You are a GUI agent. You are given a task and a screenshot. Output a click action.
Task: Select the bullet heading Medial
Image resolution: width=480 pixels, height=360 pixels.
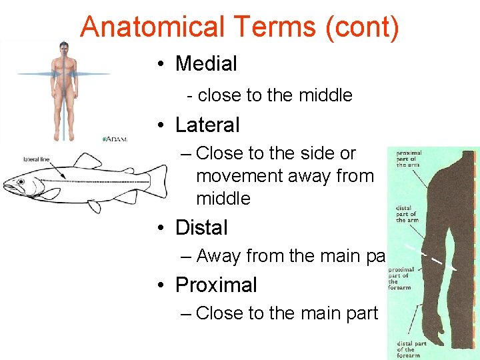pos(206,64)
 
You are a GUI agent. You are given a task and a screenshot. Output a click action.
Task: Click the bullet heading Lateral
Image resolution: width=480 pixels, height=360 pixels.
pos(207,125)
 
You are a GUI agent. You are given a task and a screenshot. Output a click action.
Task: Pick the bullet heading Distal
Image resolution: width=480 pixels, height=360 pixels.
pos(201,227)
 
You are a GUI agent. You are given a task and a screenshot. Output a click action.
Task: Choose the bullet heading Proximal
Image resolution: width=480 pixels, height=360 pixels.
pos(216,285)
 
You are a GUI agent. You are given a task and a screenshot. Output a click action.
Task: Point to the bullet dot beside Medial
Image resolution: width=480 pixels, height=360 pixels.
pos(162,65)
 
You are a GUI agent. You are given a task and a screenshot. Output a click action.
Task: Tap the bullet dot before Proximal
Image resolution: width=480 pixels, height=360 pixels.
pos(162,285)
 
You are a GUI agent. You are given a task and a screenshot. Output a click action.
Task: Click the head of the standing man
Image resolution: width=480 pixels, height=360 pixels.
pos(64,48)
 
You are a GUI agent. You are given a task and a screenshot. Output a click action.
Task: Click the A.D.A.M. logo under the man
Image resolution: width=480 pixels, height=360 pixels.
pos(115,139)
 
